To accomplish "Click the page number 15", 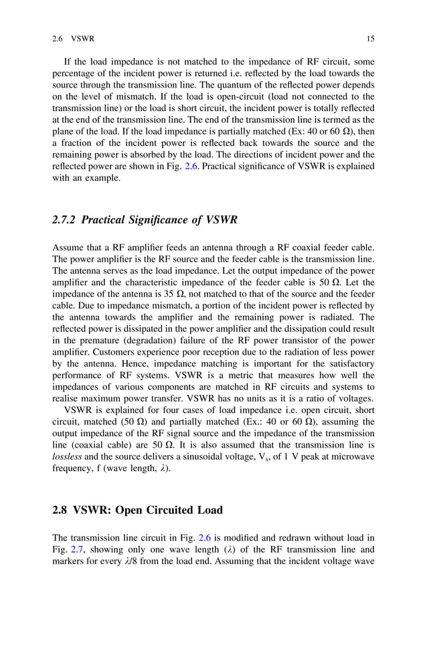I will tap(370, 38).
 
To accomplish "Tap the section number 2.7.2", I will tap(65, 220).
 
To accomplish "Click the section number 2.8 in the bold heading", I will tap(62, 509).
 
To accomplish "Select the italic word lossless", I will tap(67, 456).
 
